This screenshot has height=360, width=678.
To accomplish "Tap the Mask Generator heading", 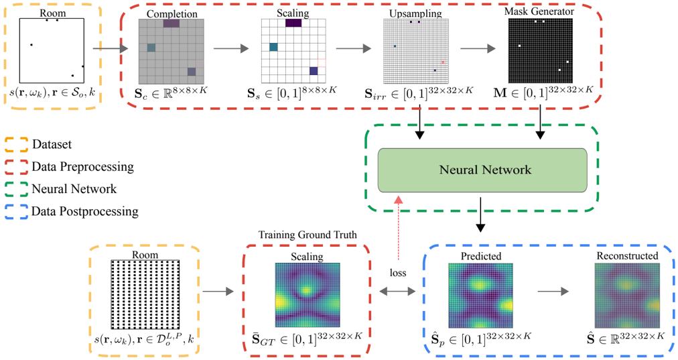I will (540, 11).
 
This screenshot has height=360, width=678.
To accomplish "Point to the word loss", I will (399, 274).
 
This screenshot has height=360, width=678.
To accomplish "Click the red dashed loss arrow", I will (399, 228).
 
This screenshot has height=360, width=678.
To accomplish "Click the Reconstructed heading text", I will (626, 256).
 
